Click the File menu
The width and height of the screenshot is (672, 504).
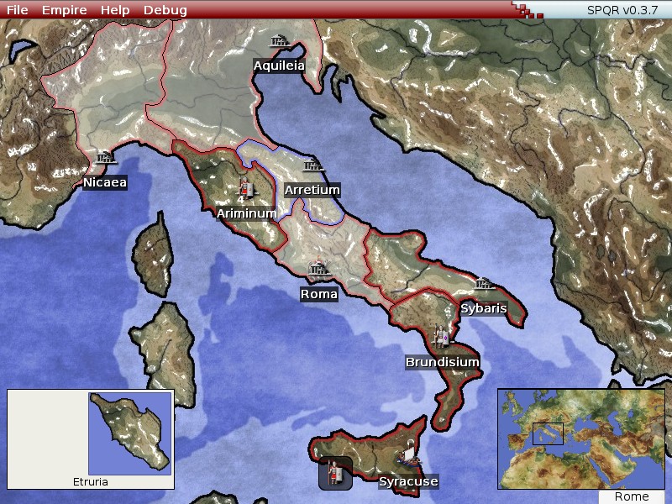(x=17, y=10)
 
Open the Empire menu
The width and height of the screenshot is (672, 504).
(x=64, y=10)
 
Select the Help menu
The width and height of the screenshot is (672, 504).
(x=115, y=10)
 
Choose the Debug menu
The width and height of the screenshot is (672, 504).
(x=165, y=10)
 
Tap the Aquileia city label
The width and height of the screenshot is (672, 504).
(x=279, y=66)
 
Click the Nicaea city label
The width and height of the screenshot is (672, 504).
(x=105, y=182)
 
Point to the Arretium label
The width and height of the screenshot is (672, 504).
(x=312, y=190)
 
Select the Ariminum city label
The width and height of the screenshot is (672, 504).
(x=246, y=213)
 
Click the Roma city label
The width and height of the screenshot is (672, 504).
(x=319, y=294)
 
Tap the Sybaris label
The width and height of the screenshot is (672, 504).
(x=484, y=308)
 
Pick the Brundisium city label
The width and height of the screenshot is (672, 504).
(x=443, y=362)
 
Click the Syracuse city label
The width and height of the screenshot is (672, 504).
(x=408, y=481)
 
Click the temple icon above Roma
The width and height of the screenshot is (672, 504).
(x=318, y=270)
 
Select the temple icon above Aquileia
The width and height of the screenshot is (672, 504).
(x=279, y=40)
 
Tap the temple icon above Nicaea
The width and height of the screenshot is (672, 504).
(x=104, y=158)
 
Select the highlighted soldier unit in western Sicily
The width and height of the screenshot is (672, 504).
(x=334, y=473)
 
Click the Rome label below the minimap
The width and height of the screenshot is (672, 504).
(x=632, y=496)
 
